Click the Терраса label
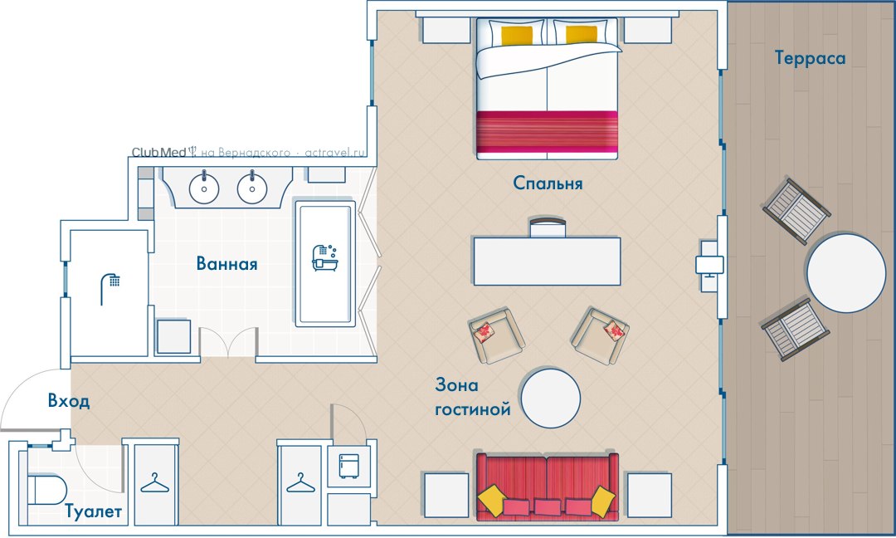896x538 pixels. click(x=810, y=58)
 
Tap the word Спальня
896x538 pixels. click(x=548, y=183)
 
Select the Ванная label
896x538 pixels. click(x=226, y=263)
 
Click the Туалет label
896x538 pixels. click(x=93, y=511)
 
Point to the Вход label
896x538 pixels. click(x=69, y=401)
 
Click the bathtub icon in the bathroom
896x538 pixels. click(x=325, y=258)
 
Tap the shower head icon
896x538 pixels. click(x=110, y=288)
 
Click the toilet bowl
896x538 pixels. click(x=46, y=490)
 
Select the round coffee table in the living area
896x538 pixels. click(x=551, y=398)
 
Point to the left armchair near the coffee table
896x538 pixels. click(x=496, y=336)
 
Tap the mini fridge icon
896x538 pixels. click(x=348, y=466)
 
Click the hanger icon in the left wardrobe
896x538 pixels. click(x=155, y=483)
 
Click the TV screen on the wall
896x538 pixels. click(x=709, y=266)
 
